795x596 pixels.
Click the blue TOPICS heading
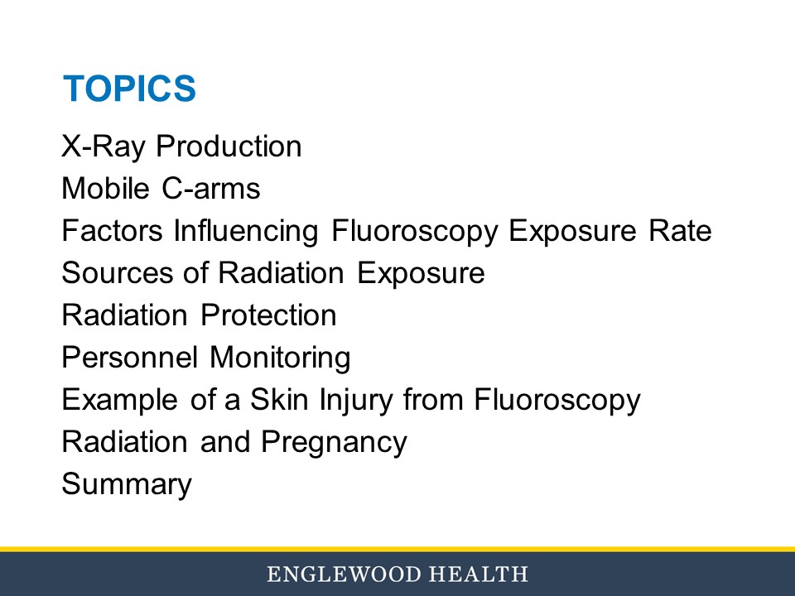click(129, 89)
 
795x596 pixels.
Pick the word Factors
click(113, 231)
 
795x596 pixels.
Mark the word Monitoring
click(280, 358)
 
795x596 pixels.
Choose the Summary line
click(127, 485)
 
